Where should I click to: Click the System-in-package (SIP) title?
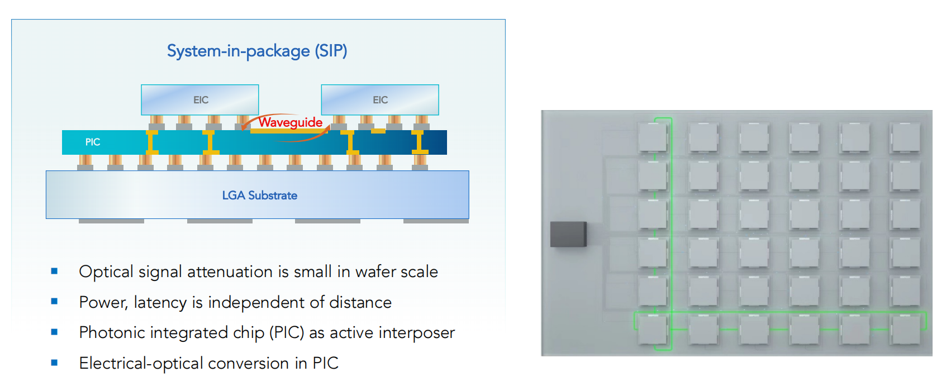coord(257,51)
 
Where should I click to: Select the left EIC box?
coord(200,99)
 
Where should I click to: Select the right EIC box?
coord(380,99)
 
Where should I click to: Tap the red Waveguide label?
coord(290,122)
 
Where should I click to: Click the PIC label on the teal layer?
coord(93,142)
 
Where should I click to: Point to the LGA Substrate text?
coord(259,196)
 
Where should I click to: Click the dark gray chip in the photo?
coord(568,234)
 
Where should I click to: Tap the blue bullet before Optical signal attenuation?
coord(54,271)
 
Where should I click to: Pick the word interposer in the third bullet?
coord(417,332)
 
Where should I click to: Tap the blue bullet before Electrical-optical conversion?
coord(54,363)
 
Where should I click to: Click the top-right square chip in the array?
coord(905,137)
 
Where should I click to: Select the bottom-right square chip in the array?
coord(905,329)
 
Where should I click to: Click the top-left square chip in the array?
coord(653,137)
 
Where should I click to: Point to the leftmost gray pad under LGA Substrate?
coord(111,221)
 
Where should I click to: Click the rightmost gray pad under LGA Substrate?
coord(436,221)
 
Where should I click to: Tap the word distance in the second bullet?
coord(360,302)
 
